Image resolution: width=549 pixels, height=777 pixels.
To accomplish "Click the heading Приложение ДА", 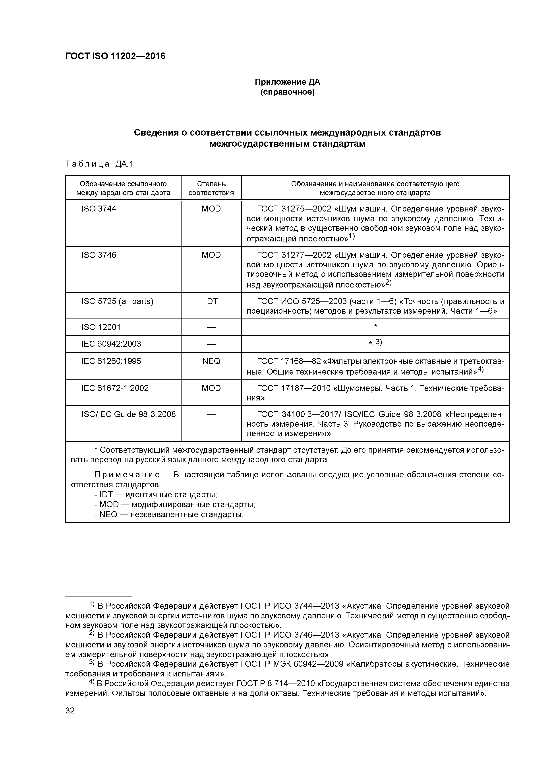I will coord(287,82).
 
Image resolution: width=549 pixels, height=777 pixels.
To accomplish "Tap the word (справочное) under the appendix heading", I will coord(287,92).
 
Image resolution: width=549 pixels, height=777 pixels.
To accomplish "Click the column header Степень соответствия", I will coord(211,188).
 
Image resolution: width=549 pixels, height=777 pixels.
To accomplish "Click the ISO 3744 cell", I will coord(99,209).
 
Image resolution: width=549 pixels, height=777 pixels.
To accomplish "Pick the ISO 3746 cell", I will coord(99,255).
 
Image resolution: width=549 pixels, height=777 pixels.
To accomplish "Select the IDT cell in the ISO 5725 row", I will coord(211,301).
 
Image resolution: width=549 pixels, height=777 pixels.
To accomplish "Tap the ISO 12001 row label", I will coord(101,327).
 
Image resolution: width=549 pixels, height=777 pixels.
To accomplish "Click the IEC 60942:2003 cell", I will coord(111,344).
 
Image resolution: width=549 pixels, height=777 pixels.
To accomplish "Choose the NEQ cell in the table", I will coord(211,361).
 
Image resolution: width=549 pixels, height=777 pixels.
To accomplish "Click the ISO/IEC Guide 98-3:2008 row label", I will coord(129,414).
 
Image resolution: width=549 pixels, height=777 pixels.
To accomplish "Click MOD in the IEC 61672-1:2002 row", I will coord(211,388).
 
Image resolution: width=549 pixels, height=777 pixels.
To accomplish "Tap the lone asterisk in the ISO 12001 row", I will coord(375,326).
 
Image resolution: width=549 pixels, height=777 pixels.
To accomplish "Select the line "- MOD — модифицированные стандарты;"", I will coord(174,505).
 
